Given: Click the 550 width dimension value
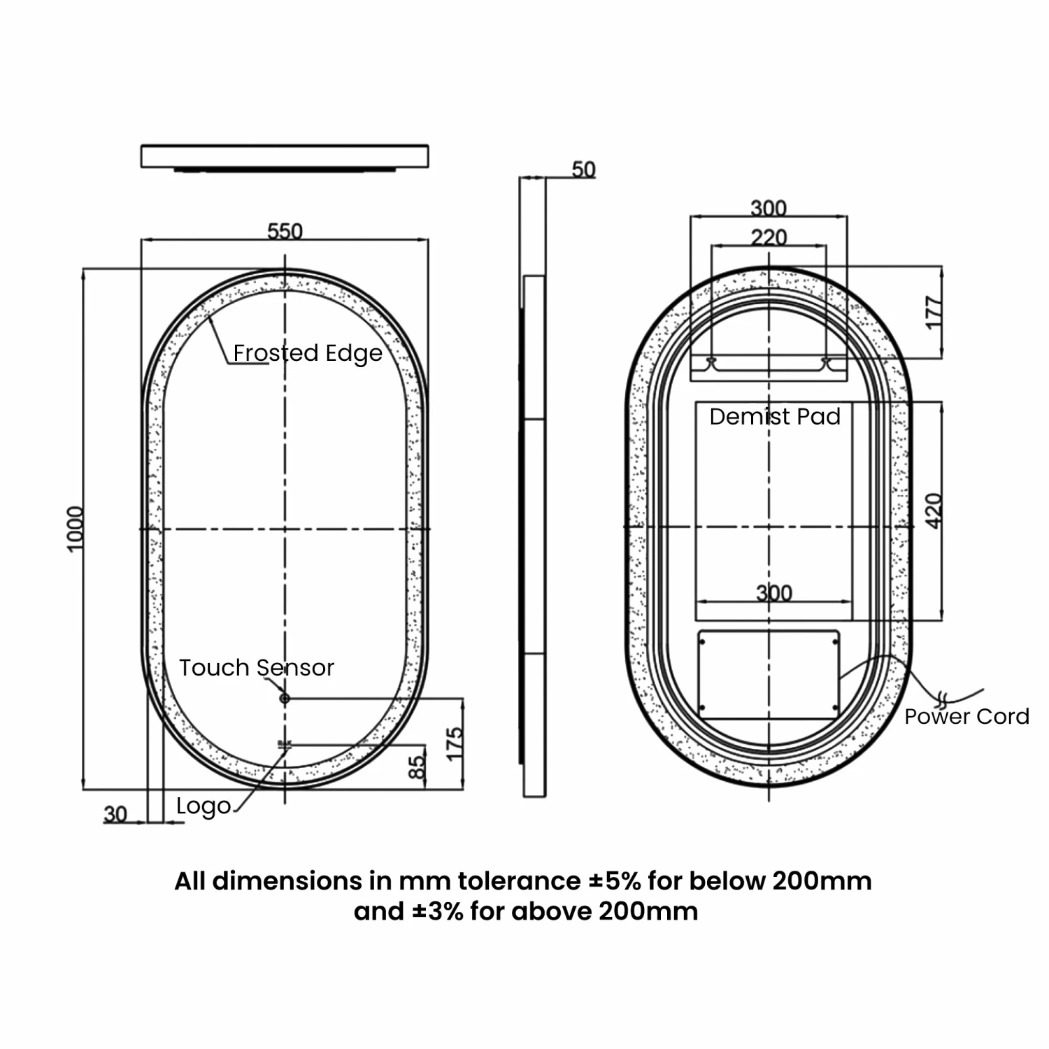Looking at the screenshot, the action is (x=285, y=231).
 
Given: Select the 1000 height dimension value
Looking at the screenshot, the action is (x=75, y=529).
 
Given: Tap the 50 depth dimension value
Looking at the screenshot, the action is (x=583, y=169).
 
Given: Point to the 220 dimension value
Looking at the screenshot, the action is (x=769, y=238).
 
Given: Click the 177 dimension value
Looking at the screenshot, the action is (x=934, y=313).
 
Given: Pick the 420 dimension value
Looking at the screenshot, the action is (x=934, y=511).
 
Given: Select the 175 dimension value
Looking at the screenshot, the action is (x=455, y=743).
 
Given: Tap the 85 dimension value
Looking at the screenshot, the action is (x=417, y=767).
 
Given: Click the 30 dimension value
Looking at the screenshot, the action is (x=115, y=814).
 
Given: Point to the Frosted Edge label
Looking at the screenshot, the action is (x=308, y=353).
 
